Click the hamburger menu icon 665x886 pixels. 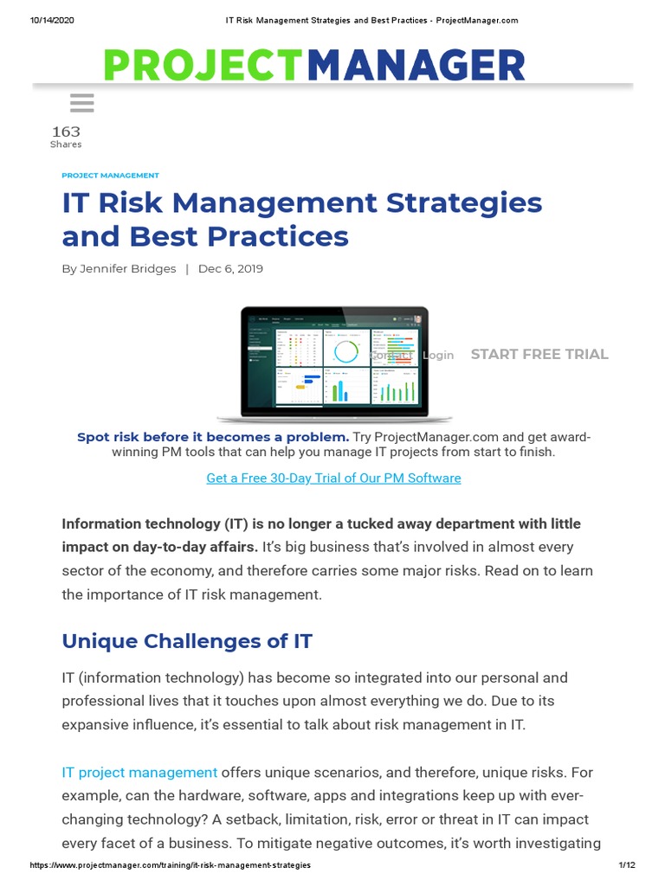(x=81, y=104)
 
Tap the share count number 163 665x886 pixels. (x=66, y=132)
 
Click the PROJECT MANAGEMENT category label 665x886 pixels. (x=110, y=176)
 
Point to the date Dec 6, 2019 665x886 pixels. (x=230, y=269)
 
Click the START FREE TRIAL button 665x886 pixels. (x=539, y=354)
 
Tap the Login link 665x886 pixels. (x=438, y=355)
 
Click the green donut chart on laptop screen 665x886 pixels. (x=346, y=350)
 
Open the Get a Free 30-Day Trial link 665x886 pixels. (x=333, y=478)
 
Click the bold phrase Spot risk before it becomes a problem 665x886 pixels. (x=213, y=437)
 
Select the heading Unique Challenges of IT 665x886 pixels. (x=187, y=641)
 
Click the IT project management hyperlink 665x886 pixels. (x=139, y=772)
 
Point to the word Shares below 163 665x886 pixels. (x=66, y=144)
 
